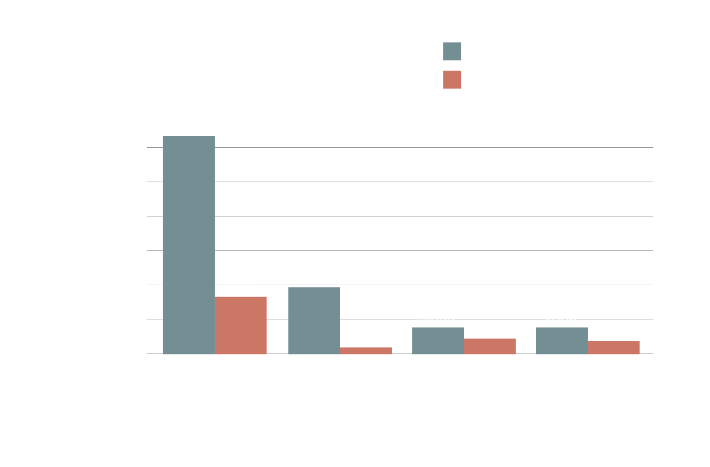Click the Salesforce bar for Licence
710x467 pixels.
[188, 245]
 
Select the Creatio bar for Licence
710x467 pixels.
[241, 325]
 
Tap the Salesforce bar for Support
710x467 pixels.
[314, 320]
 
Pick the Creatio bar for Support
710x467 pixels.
[366, 350]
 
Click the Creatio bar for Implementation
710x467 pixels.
[490, 346]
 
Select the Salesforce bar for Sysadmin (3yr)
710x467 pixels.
[562, 340]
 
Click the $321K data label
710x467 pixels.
[240, 285]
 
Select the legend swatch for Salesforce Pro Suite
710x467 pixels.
[452, 51]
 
